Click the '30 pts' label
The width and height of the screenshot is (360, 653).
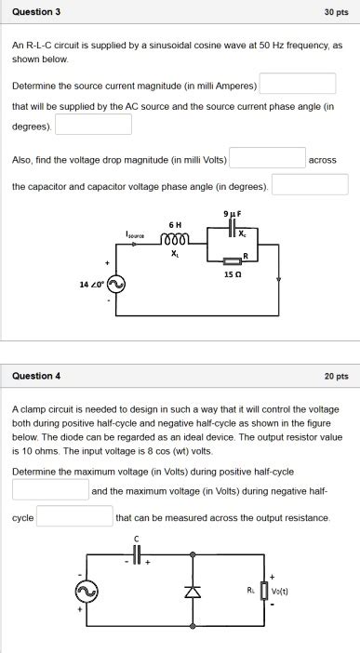click(336, 12)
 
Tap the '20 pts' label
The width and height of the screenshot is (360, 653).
click(336, 376)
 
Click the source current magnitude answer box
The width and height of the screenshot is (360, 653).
click(297, 85)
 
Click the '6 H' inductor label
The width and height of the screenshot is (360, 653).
click(175, 224)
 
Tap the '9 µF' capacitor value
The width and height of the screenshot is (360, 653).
click(232, 215)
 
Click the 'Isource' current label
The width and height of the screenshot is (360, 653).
click(136, 234)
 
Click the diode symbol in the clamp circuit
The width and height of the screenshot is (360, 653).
click(193, 591)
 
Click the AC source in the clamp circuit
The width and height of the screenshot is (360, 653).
click(90, 591)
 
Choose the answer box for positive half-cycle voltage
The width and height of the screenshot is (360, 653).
click(50, 490)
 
